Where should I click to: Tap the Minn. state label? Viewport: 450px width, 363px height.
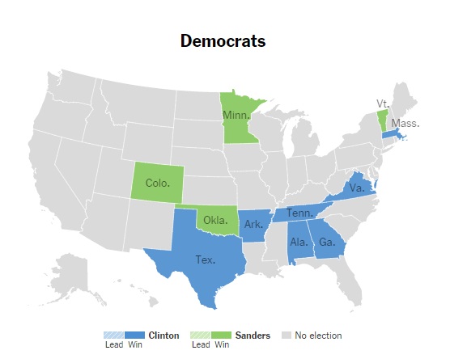[236, 115]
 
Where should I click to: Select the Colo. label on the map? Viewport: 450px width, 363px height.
[157, 183]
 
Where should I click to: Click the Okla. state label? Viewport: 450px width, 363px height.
[215, 219]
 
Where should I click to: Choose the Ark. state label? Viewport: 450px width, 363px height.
[254, 224]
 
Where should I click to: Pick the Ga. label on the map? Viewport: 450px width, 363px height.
[327, 242]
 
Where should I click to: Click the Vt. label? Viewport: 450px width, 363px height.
[383, 103]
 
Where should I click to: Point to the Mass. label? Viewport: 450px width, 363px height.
[405, 123]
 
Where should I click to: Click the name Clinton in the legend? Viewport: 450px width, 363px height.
[164, 336]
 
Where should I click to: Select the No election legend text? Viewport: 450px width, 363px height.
[318, 336]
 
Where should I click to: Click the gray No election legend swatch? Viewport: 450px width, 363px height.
[286, 336]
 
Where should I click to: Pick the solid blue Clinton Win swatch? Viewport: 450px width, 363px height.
[135, 336]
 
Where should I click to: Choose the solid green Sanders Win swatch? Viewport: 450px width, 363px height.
[221, 336]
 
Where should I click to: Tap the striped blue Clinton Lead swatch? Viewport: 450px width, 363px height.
[113, 336]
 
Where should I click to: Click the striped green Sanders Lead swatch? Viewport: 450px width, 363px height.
[199, 336]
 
